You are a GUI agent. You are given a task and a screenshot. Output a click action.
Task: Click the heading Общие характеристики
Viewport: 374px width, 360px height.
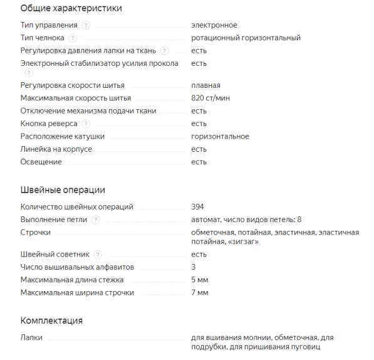(71, 9)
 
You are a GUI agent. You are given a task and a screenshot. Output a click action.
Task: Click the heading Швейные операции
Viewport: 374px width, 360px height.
(63, 190)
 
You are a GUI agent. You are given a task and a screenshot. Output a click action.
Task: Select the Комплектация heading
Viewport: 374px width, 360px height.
(51, 320)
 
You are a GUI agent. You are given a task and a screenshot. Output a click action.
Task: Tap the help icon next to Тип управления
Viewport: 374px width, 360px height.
(86, 25)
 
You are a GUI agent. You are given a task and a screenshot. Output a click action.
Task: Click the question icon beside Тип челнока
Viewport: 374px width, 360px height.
(73, 38)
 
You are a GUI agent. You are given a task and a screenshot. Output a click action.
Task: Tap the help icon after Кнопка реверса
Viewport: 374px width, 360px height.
(86, 124)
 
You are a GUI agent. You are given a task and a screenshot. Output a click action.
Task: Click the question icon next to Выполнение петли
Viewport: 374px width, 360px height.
(95, 220)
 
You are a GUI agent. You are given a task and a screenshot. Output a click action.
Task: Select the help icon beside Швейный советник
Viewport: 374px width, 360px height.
(98, 254)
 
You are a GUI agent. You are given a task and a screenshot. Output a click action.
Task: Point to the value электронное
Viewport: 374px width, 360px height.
(214, 25)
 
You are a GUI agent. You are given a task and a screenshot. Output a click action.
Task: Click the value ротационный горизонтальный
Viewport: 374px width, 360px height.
(246, 38)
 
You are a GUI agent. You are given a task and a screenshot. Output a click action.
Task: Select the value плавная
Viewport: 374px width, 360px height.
(205, 85)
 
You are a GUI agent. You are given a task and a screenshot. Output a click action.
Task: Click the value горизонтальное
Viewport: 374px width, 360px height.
(220, 136)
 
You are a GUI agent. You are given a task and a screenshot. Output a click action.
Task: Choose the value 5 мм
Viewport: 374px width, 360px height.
(200, 280)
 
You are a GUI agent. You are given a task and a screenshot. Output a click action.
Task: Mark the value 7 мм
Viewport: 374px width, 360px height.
(200, 292)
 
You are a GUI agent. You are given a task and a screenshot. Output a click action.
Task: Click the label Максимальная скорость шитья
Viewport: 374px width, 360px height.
(76, 98)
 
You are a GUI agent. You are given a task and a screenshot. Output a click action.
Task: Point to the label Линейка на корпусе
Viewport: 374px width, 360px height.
(56, 149)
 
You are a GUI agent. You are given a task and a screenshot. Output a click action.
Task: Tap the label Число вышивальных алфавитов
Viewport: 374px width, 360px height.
(77, 267)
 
